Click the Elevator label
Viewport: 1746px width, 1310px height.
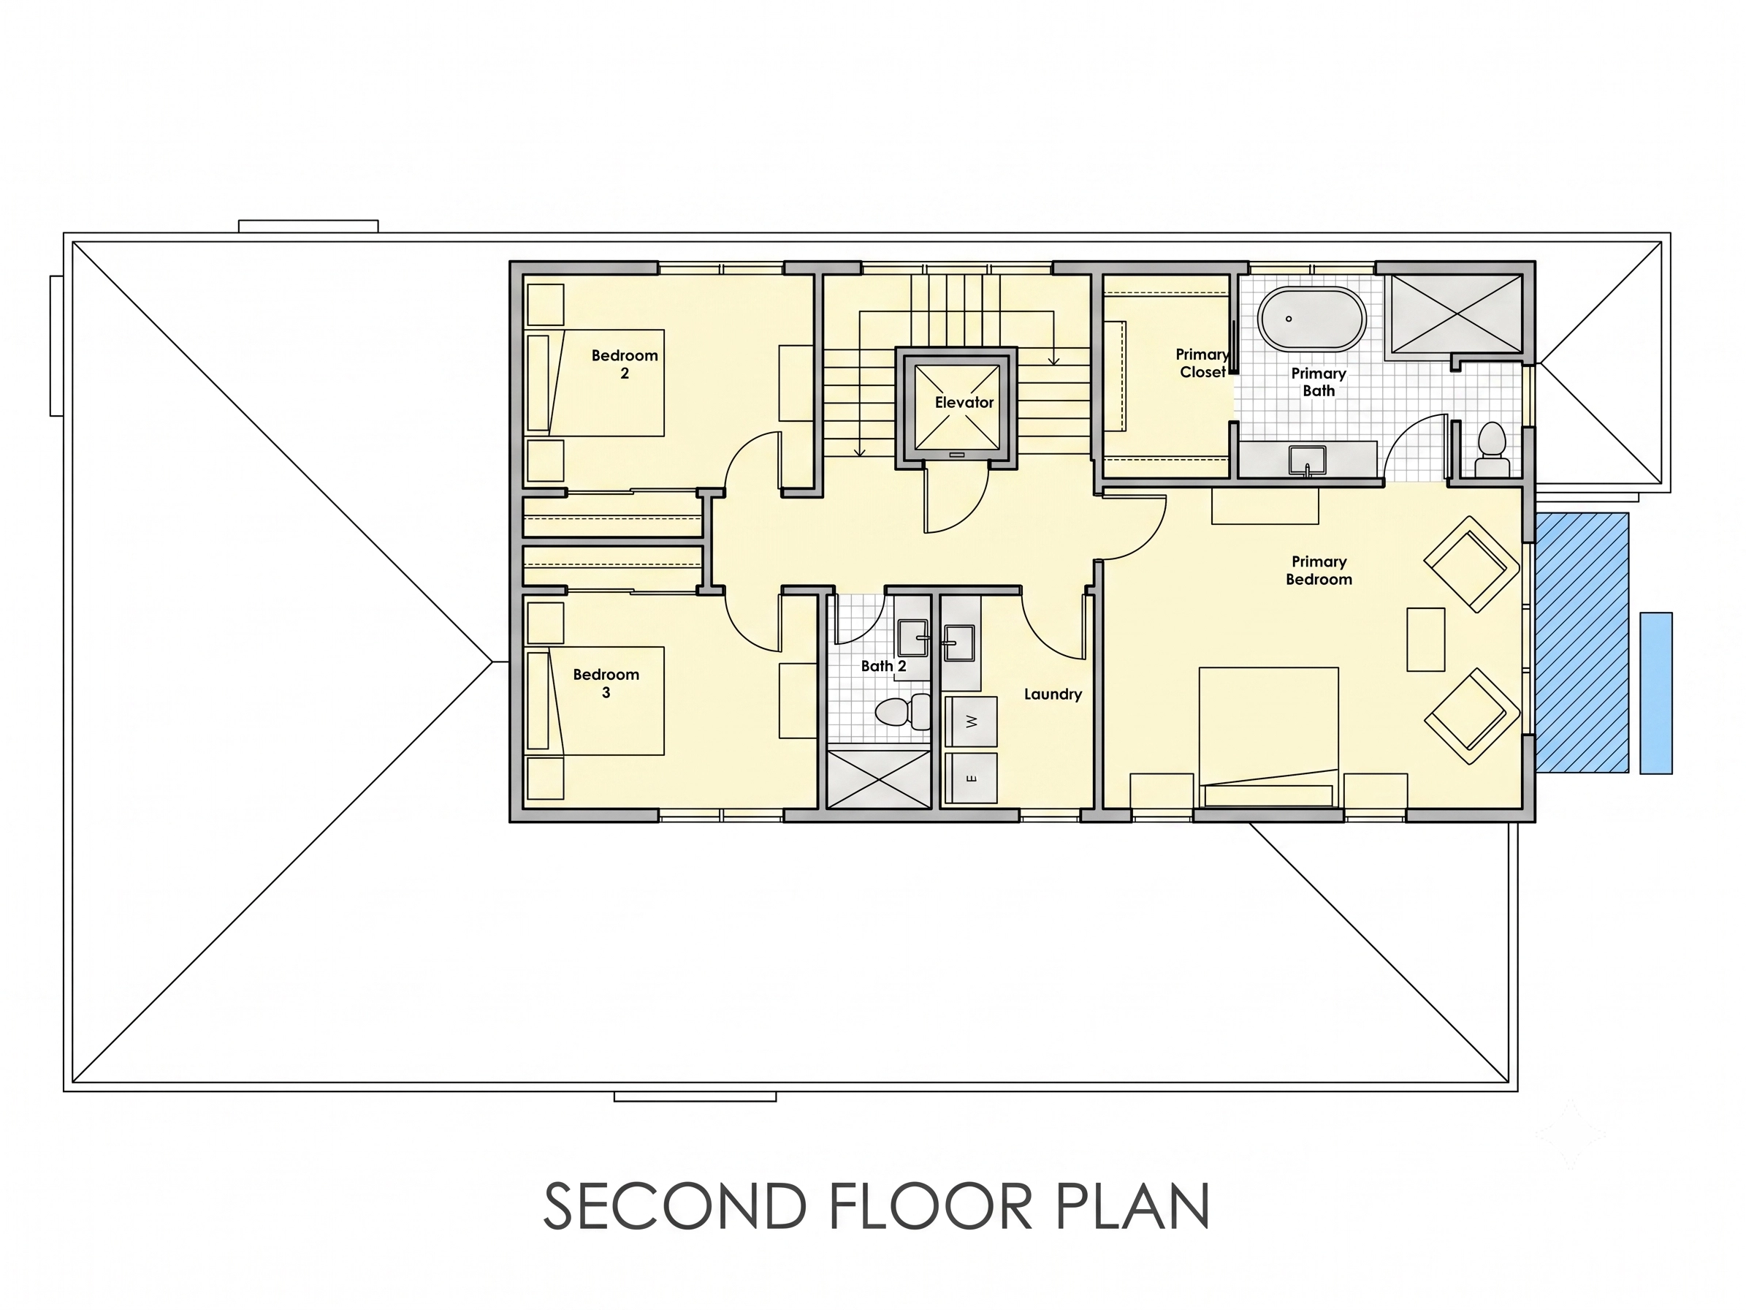[964, 403]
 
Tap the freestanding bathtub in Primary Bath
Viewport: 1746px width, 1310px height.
[1311, 318]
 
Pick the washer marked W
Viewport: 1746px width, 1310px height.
[971, 721]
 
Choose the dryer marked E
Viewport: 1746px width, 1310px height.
[971, 778]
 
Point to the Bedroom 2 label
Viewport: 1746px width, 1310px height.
[625, 364]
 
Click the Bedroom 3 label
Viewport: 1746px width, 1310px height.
[606, 683]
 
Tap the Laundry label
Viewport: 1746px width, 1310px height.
[1053, 694]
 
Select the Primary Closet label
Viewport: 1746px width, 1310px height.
[1202, 363]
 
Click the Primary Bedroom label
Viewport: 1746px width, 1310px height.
[1319, 570]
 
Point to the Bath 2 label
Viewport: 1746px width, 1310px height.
[883, 666]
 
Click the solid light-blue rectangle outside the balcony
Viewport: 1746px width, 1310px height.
[1656, 692]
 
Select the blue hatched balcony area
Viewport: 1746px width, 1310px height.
[1582, 643]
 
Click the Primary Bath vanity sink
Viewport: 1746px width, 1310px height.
[1307, 460]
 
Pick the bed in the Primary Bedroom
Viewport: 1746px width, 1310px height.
[1268, 738]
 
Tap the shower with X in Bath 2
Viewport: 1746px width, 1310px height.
[879, 779]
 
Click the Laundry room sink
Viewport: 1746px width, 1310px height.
[959, 643]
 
